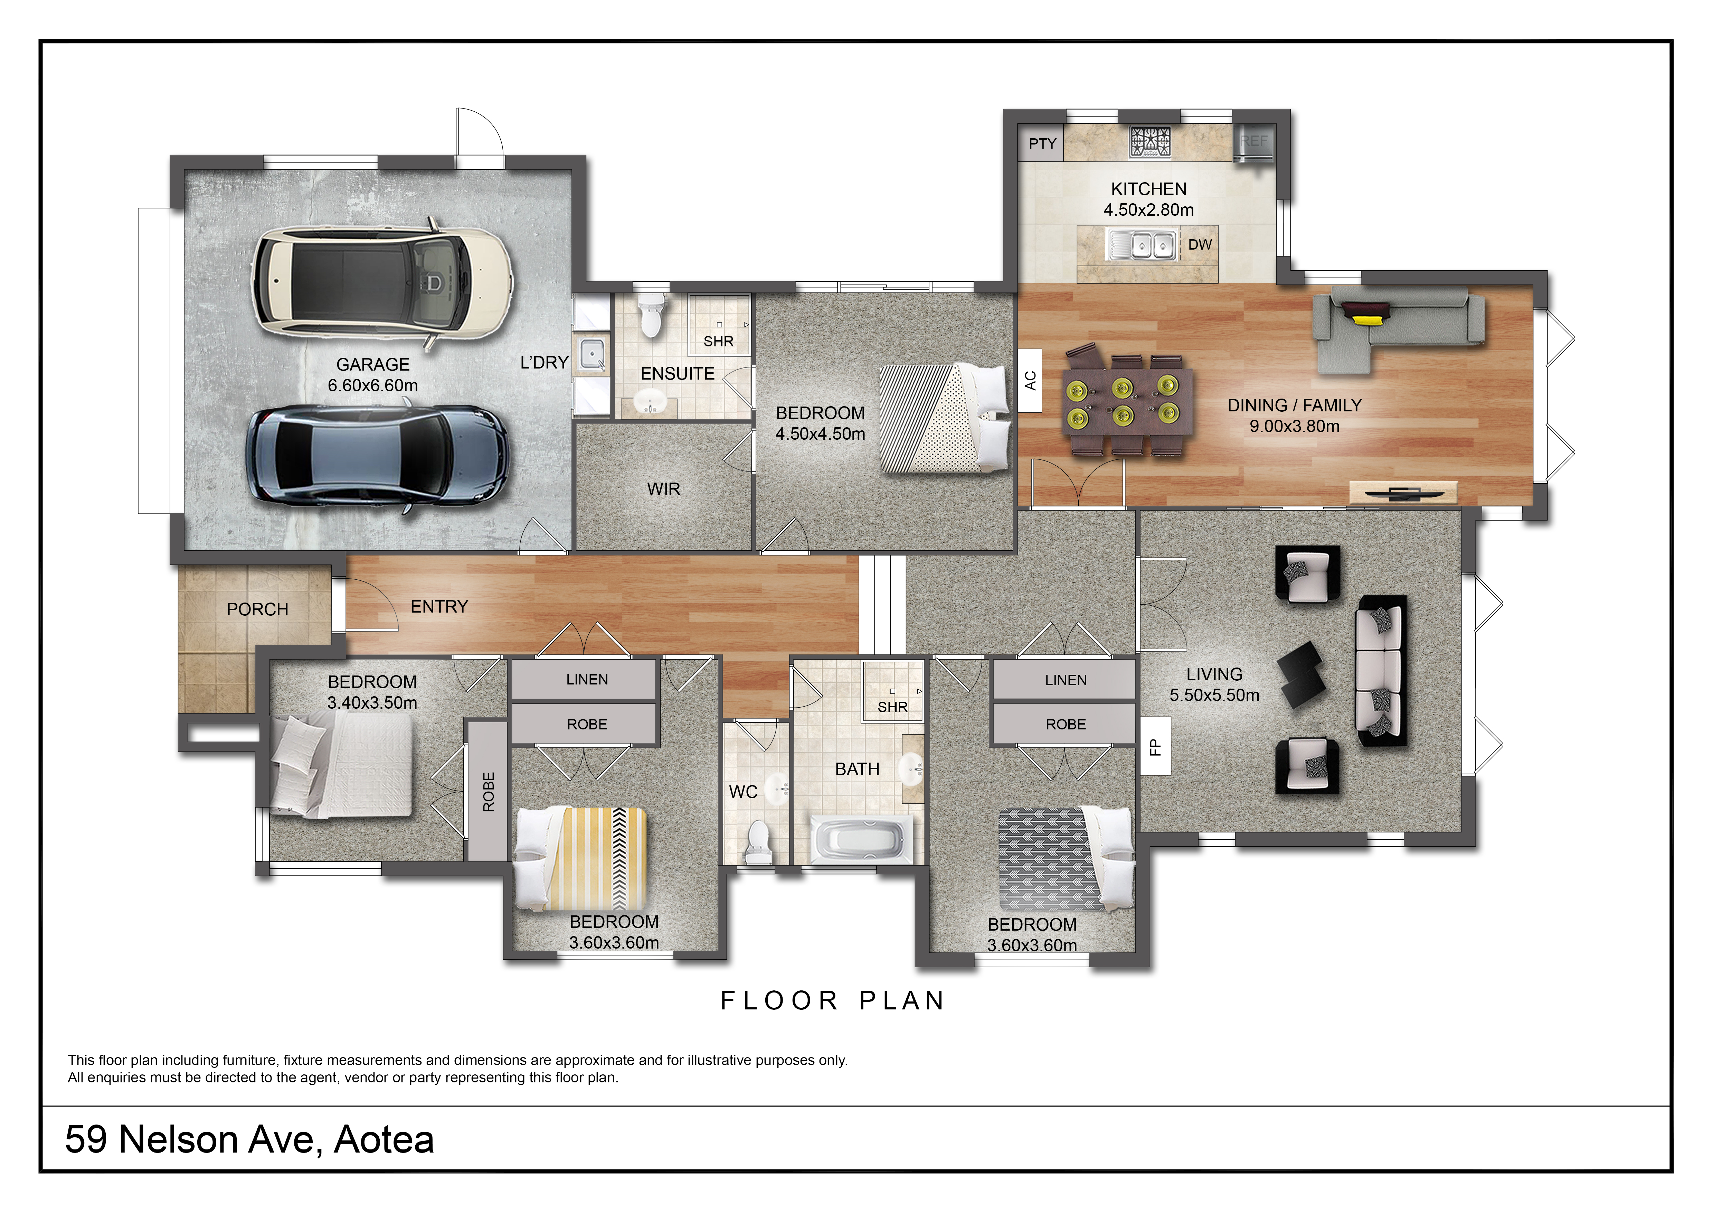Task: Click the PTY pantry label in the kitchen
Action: coord(1042,143)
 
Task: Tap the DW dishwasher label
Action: coord(1200,245)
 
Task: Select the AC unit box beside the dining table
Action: coord(1030,381)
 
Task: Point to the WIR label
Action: coord(663,489)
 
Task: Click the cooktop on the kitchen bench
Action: coord(1150,142)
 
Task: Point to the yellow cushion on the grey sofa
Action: coord(1367,319)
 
